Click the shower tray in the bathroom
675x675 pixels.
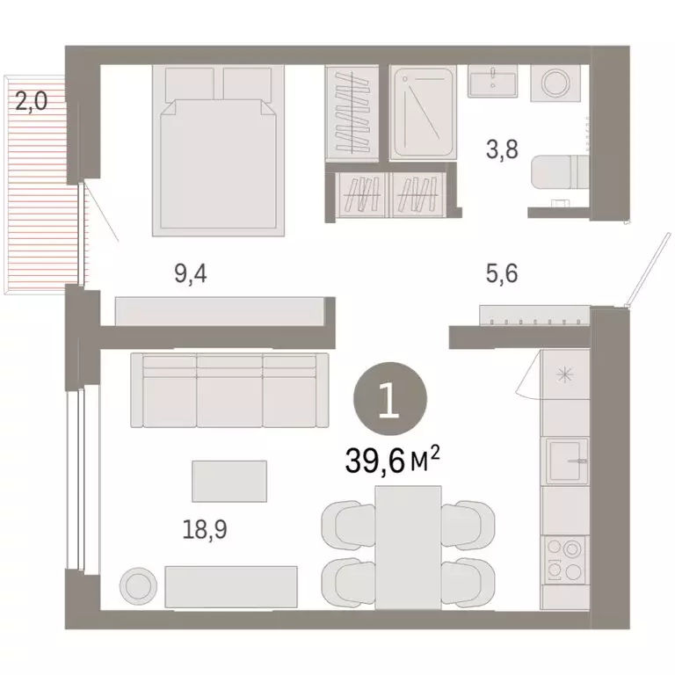pyautogui.click(x=423, y=112)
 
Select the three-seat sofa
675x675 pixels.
pyautogui.click(x=229, y=389)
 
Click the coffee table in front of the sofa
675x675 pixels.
pyautogui.click(x=229, y=482)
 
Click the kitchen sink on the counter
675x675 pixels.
pyautogui.click(x=564, y=460)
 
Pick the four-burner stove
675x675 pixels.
pyautogui.click(x=564, y=559)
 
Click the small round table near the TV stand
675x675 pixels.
pyautogui.click(x=138, y=584)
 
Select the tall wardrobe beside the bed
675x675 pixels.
pyautogui.click(x=354, y=112)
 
